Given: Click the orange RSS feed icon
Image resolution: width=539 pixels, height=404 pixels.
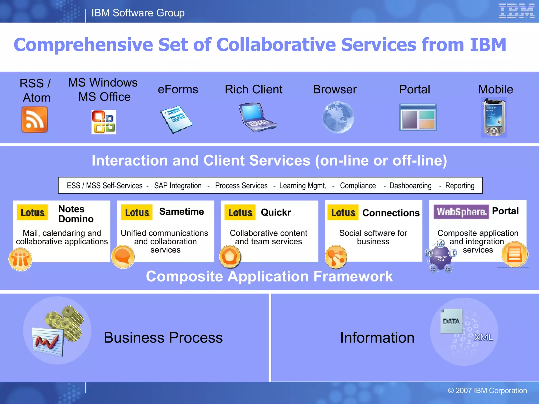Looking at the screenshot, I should coord(34,119).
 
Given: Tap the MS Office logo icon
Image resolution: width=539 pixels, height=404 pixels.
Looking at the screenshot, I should coord(104,122).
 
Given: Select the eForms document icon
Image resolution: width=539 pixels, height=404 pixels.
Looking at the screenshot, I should coord(176,119).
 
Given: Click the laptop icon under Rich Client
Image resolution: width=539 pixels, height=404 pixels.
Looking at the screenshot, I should coord(257,117).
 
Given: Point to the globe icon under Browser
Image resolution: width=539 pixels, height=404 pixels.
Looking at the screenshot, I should coord(338,117).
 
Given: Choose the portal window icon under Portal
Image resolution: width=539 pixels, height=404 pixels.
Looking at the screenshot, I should coord(418,117).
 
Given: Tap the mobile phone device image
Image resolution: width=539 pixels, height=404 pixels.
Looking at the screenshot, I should coord(494,117).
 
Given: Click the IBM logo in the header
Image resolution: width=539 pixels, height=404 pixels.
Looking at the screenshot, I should coord(516,11).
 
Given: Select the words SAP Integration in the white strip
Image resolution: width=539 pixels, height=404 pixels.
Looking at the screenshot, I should coord(178,186).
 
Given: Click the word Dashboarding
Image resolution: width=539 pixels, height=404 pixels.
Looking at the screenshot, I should coord(410,186).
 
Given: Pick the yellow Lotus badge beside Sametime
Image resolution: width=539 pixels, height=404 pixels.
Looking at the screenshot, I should coord(137,212).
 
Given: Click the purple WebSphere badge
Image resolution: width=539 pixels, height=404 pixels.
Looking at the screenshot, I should coord(461,212).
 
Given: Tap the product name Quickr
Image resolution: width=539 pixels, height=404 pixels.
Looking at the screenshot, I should coord(276,212).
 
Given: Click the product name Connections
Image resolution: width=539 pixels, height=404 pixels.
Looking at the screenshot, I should coord(391,213).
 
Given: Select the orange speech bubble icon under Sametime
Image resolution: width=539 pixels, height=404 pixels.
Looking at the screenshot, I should coord(123,257).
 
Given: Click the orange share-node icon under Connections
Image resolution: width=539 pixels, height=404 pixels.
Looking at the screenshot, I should coord(336,257).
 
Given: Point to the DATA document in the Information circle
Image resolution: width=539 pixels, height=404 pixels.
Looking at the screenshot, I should coord(451,321).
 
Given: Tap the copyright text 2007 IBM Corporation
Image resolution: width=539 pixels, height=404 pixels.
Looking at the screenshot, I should coord(487,391).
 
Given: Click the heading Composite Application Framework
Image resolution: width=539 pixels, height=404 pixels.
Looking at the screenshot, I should coord(269,276).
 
